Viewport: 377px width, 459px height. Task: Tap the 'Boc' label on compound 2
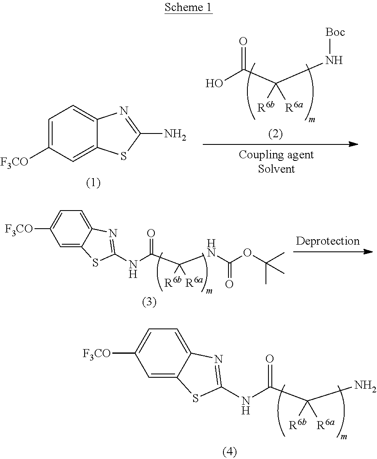tap(335, 32)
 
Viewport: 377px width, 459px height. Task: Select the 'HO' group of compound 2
tap(215, 83)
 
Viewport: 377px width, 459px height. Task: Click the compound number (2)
tap(276, 134)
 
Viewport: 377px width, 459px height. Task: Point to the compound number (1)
tap(93, 183)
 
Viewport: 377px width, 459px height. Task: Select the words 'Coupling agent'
tap(276, 155)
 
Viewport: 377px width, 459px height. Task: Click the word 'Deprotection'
tap(328, 241)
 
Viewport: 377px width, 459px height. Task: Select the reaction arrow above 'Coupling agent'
tap(280, 144)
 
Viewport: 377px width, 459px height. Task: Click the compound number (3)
tap(149, 302)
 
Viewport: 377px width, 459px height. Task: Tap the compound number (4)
tap(229, 452)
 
